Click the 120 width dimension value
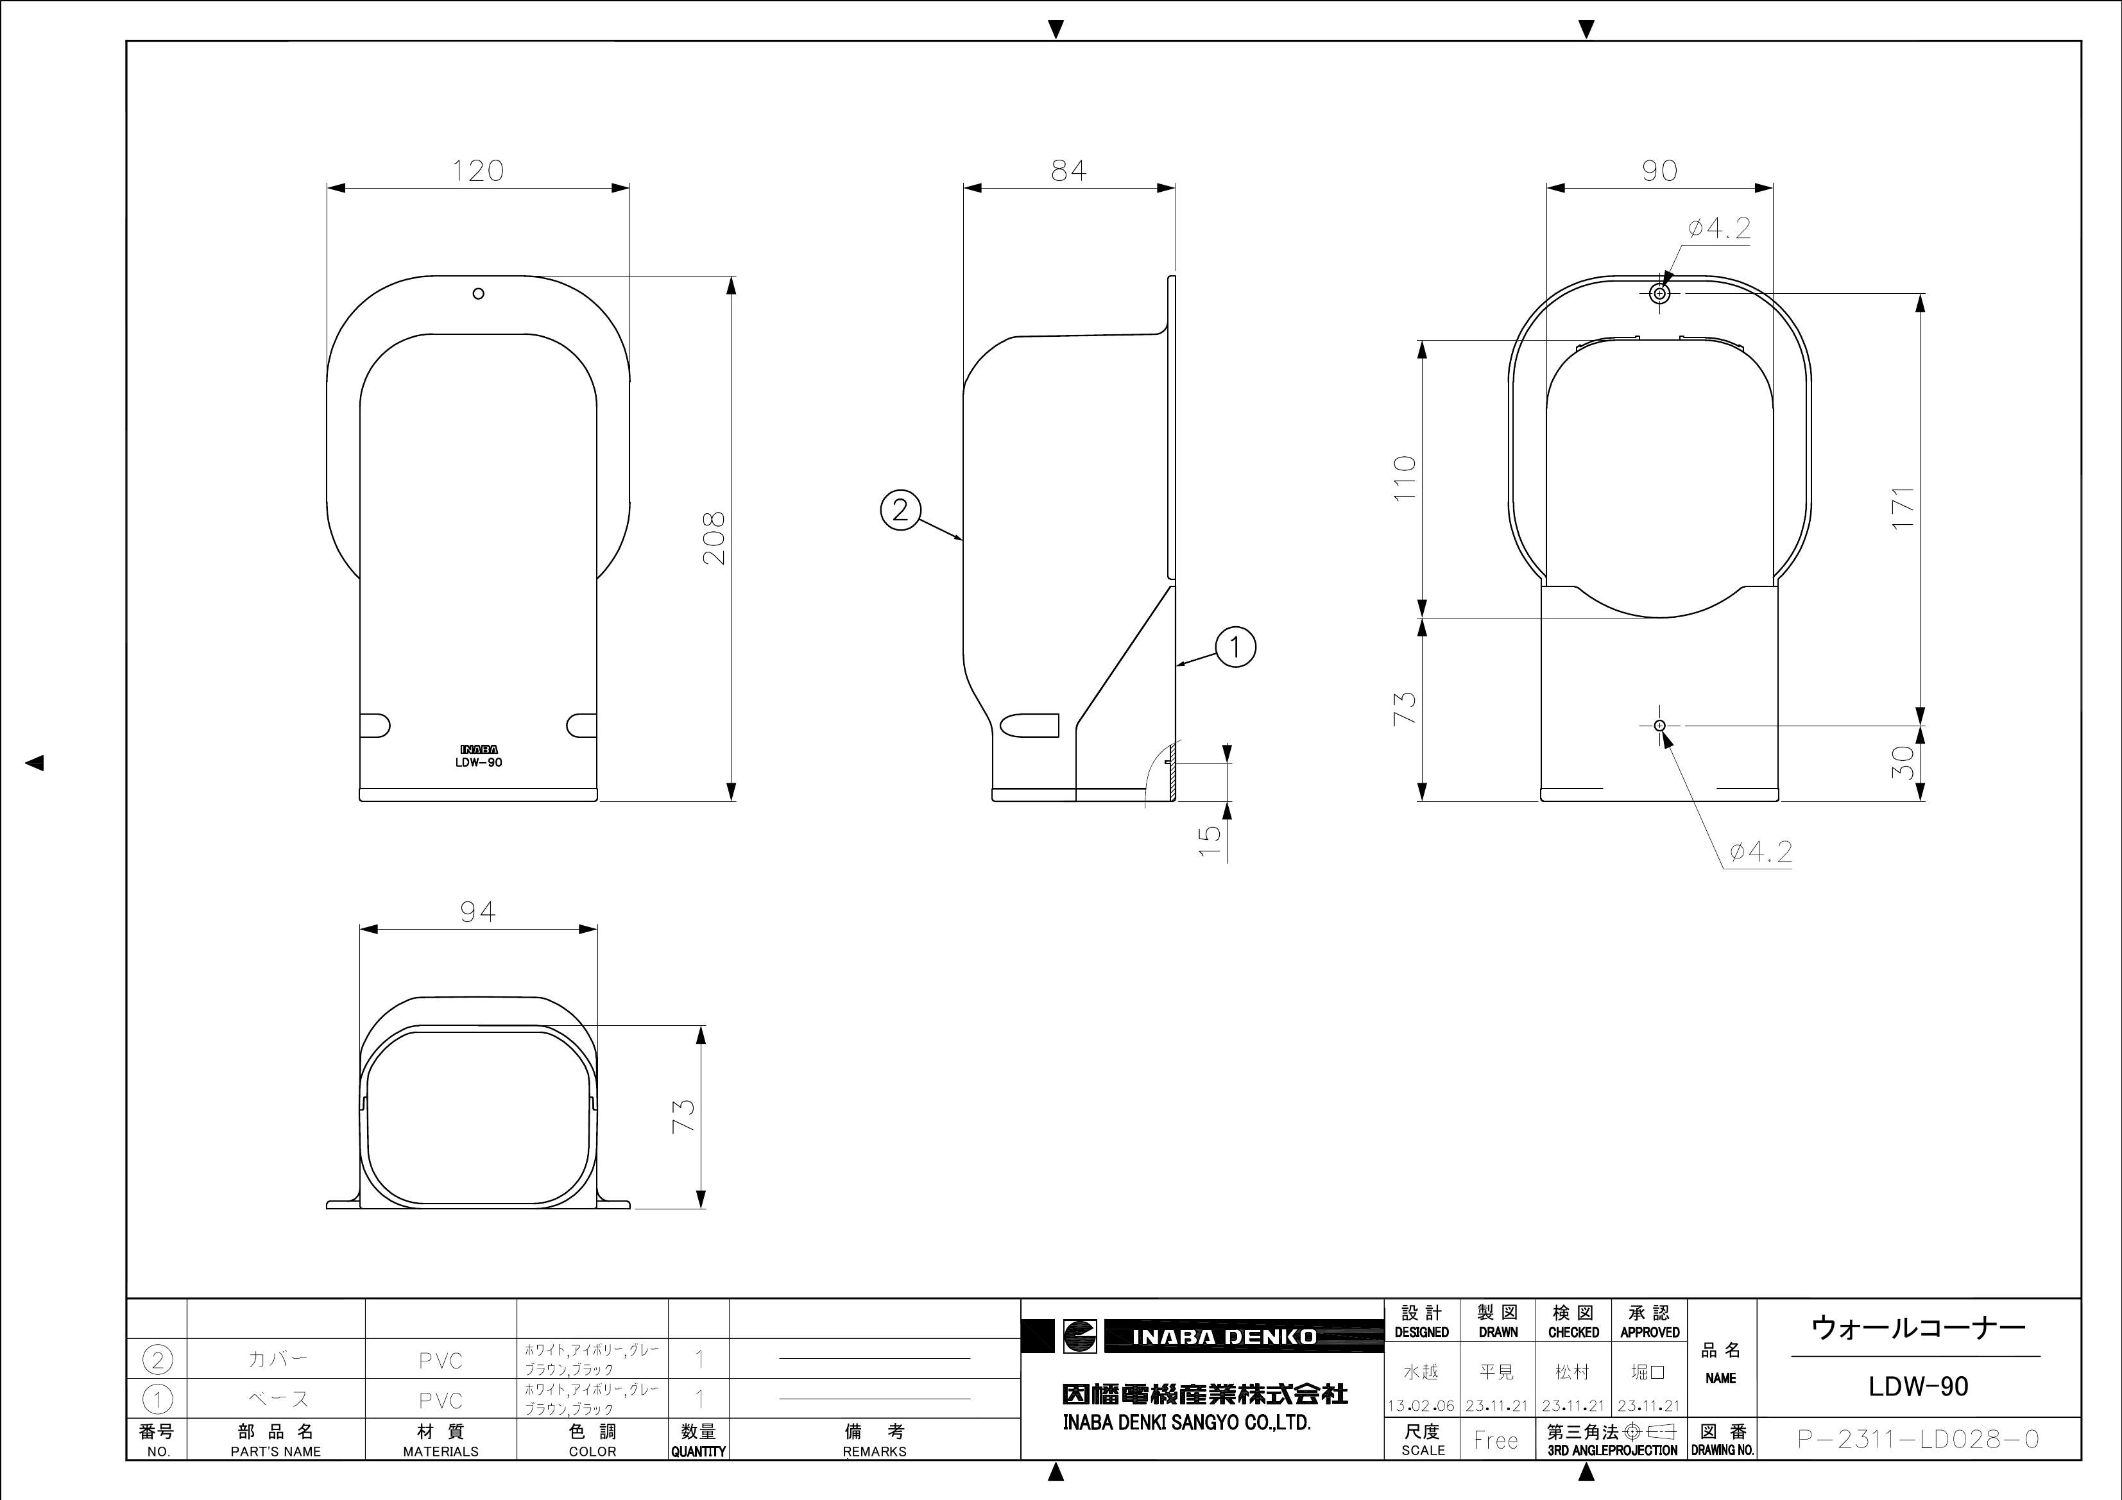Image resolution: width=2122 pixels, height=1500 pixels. point(478,171)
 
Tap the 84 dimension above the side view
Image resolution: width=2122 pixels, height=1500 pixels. point(1068,171)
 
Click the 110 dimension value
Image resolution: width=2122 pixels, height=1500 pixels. point(1404,478)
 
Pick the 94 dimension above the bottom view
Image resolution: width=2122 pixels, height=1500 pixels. point(478,912)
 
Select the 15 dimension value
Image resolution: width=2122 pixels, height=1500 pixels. point(1209,839)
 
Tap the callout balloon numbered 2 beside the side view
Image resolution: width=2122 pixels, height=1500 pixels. point(900,509)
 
